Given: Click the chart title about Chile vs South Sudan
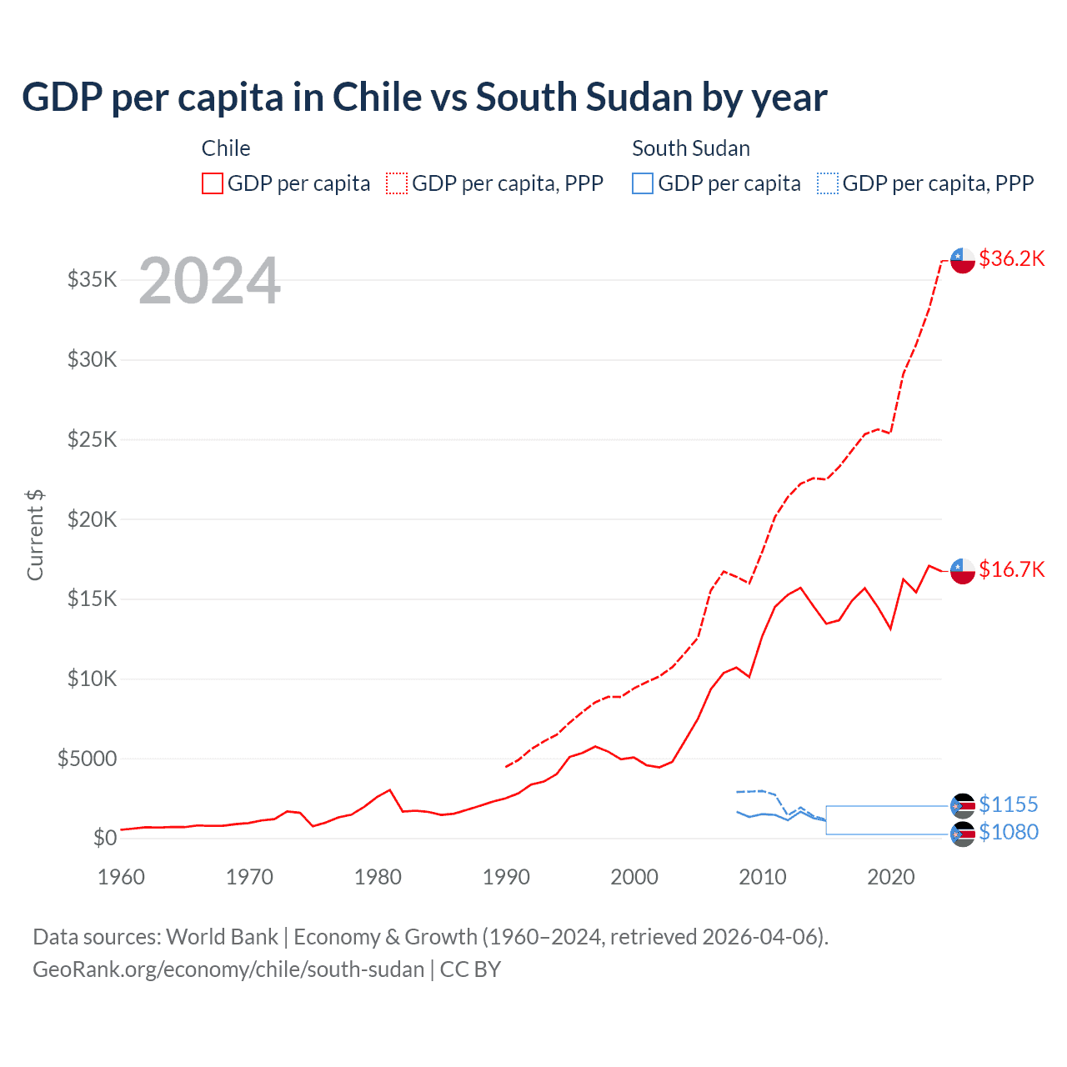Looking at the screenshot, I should (424, 98).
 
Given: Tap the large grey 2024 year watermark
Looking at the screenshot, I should (209, 282).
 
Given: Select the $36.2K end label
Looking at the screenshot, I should (1011, 258).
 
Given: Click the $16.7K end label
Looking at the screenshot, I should (1011, 569).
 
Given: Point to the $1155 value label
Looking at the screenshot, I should (1008, 804).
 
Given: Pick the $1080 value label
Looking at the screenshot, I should (1008, 832).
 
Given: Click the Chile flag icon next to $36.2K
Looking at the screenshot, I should (963, 260).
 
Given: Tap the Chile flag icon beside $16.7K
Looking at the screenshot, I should (963, 571).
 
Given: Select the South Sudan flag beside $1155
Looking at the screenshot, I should (963, 805).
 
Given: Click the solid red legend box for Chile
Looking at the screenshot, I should (213, 183).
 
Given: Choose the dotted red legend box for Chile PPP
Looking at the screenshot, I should (397, 183).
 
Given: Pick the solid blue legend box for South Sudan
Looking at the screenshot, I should (643, 183).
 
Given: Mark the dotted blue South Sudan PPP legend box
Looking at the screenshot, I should (828, 183).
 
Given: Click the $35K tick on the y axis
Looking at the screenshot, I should (93, 279).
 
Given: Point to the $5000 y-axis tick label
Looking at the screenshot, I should (88, 759).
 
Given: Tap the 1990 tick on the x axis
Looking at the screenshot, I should (506, 877).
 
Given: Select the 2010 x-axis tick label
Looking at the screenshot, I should (763, 877).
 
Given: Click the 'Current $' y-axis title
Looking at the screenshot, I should (35, 535).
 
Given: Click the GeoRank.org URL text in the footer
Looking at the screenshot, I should (228, 969).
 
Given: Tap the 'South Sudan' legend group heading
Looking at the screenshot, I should (691, 148).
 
